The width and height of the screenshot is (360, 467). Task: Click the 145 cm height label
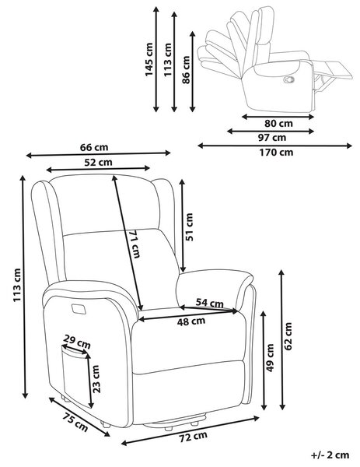pos(149,60)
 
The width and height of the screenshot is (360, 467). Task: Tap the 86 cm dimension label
pos(186,70)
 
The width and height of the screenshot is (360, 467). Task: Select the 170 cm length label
pos(276,153)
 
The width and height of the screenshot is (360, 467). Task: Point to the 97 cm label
pos(271,137)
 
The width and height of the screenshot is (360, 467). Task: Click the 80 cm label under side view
pos(278,123)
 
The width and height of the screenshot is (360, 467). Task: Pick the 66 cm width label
pos(94,147)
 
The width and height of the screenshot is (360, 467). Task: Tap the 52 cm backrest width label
pos(98,163)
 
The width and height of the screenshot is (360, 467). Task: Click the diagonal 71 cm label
pos(135,244)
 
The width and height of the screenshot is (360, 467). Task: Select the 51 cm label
pos(189,226)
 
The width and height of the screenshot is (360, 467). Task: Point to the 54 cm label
pos(209,303)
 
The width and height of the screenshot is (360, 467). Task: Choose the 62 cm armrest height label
pos(288,336)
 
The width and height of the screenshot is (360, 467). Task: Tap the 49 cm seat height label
pos(270,358)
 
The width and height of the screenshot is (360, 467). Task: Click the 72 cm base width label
pos(193,437)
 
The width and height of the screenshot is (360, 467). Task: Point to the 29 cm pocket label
pos(77,342)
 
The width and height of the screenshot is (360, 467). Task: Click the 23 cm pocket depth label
pos(96,379)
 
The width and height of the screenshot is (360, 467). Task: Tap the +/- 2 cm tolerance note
pos(330,455)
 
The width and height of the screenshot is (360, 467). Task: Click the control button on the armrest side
pos(79,308)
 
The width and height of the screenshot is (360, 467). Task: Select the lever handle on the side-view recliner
pos(289,79)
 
